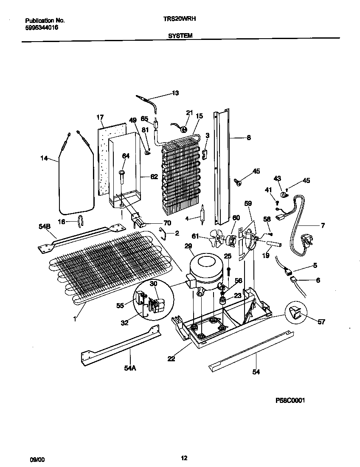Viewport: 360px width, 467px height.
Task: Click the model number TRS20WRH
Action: pyautogui.click(x=180, y=19)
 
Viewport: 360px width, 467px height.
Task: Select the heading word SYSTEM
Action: pyautogui.click(x=180, y=36)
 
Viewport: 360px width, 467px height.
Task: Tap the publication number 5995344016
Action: pyautogui.click(x=42, y=27)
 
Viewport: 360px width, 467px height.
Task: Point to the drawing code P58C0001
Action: pyautogui.click(x=291, y=400)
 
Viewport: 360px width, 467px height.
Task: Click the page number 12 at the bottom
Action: pyautogui.click(x=183, y=458)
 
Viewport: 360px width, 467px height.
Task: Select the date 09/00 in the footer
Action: pyautogui.click(x=37, y=459)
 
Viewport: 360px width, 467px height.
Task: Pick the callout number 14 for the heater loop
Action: pyautogui.click(x=44, y=159)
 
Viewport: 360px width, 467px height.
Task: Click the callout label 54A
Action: pyautogui.click(x=130, y=369)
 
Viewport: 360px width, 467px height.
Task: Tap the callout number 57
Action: pyautogui.click(x=321, y=322)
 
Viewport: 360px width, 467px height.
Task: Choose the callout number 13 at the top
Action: pyautogui.click(x=175, y=93)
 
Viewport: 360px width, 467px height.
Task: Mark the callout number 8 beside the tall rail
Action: pyautogui.click(x=248, y=137)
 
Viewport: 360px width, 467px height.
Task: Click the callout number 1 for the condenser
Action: pyautogui.click(x=75, y=316)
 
